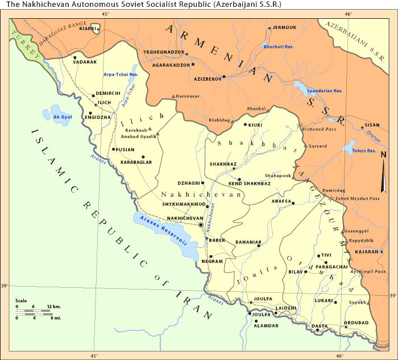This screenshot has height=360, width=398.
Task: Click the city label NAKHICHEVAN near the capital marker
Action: (x=184, y=218)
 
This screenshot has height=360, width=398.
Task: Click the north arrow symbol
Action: (x=384, y=173)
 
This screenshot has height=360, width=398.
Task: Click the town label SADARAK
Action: (x=85, y=61)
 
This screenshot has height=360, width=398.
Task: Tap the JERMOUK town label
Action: (x=284, y=27)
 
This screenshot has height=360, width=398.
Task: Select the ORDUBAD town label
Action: (x=356, y=323)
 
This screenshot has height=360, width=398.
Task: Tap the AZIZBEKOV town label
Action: (x=207, y=79)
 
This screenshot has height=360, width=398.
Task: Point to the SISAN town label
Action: (x=372, y=125)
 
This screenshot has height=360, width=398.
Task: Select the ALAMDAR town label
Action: (x=266, y=325)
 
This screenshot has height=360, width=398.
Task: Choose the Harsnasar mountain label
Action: (x=189, y=96)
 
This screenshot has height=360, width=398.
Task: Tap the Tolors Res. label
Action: (x=364, y=151)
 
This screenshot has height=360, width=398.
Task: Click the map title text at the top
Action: (x=143, y=5)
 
